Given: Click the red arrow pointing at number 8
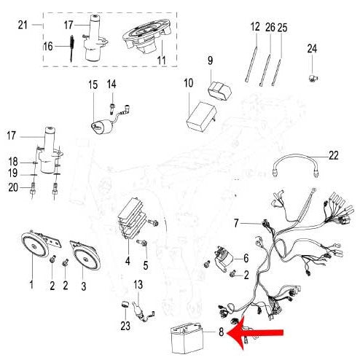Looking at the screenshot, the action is point(255,333).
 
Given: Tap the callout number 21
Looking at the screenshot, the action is point(23,25).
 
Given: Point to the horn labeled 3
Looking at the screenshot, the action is point(85,255).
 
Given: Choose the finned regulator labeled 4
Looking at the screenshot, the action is point(131,219).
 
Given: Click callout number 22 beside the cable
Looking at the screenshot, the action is point(333,155).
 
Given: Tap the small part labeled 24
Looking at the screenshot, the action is point(313,79).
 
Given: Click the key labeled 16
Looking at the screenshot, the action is point(72,48).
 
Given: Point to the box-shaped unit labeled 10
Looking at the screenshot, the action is point(201,117).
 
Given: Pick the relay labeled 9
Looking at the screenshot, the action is point(220,92).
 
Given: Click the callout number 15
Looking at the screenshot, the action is point(93,85).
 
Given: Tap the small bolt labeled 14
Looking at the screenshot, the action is point(112,108).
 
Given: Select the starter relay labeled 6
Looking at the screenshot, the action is point(223,259).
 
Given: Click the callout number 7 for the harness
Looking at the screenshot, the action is point(236,223).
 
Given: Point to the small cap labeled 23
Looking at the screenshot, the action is point(125,304).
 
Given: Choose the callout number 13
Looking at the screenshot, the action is point(138,285).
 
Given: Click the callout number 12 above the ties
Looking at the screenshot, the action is point(255,26).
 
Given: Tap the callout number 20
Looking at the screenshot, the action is point(13,187).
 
